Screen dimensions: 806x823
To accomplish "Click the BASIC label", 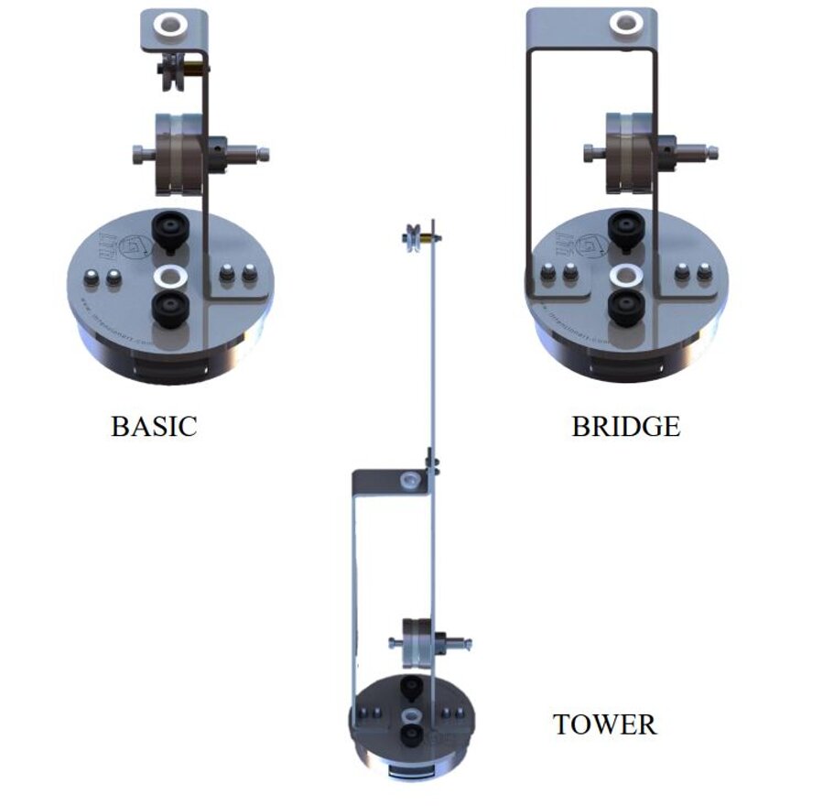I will point(154,427).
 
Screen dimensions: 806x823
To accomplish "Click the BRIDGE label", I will point(626,427).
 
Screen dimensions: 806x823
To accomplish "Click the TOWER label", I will point(604,724).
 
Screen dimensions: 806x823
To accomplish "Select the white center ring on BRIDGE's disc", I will point(627,274).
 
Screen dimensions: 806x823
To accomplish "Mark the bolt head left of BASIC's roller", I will point(138,152).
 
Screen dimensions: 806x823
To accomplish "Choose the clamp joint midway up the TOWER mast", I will point(430,458).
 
